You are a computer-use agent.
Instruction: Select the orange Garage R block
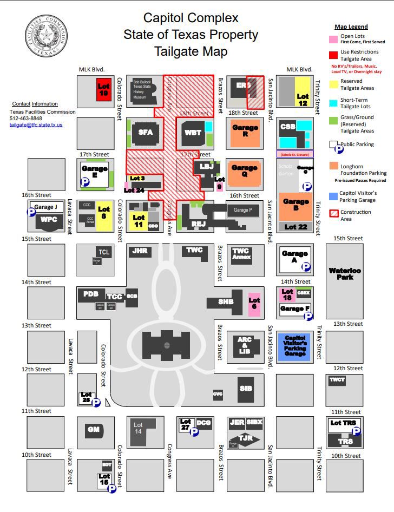(245, 132)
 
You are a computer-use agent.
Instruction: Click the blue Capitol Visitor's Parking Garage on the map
(295, 345)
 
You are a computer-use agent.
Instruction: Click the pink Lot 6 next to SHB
(254, 304)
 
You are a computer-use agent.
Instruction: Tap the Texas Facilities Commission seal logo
(47, 36)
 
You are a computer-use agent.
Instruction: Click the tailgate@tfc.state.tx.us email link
(36, 124)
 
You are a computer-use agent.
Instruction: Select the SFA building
(146, 132)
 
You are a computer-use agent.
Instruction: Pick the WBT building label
(193, 133)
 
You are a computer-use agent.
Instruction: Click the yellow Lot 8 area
(103, 213)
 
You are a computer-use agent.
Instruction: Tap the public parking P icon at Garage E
(85, 183)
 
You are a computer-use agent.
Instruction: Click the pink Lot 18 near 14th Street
(287, 294)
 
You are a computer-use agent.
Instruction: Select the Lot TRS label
(343, 423)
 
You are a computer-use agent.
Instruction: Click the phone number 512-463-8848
(25, 118)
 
